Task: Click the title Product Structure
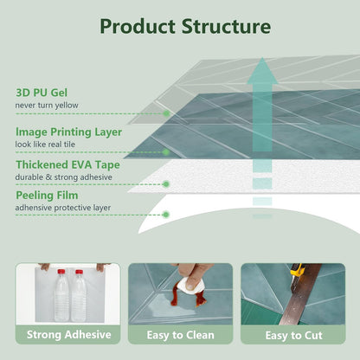[185, 27]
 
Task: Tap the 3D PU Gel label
[42, 93]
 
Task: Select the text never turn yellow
[47, 106]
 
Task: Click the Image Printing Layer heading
[68, 132]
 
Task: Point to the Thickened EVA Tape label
[67, 164]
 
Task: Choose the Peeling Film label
[47, 196]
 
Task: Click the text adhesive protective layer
[63, 208]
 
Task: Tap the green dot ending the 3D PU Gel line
[166, 113]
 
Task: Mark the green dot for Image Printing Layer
[166, 152]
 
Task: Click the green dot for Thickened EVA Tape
[166, 184]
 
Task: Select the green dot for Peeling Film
[165, 215]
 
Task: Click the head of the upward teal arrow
[262, 71]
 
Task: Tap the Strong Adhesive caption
[69, 335]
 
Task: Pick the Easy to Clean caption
[181, 335]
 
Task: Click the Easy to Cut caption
[293, 336]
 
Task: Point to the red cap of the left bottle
[61, 272]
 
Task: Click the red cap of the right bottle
[79, 272]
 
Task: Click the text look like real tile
[45, 145]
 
